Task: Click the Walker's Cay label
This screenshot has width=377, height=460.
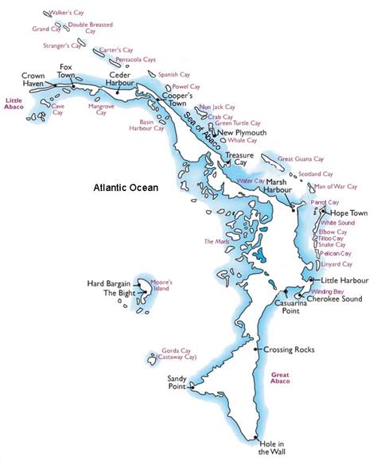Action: (x=68, y=14)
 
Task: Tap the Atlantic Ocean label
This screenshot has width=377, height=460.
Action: (x=125, y=189)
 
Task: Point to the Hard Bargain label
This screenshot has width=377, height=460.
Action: (x=108, y=283)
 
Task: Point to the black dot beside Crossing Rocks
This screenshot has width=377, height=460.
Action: (x=255, y=349)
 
